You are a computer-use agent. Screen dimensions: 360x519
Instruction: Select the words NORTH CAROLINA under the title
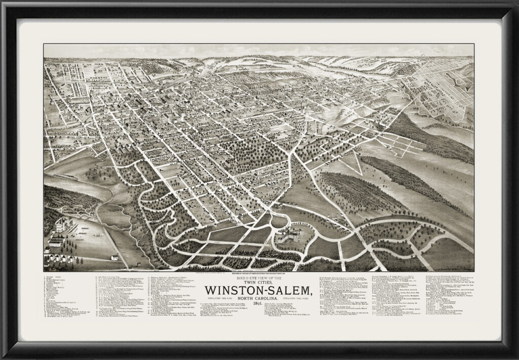(x=259, y=297)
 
